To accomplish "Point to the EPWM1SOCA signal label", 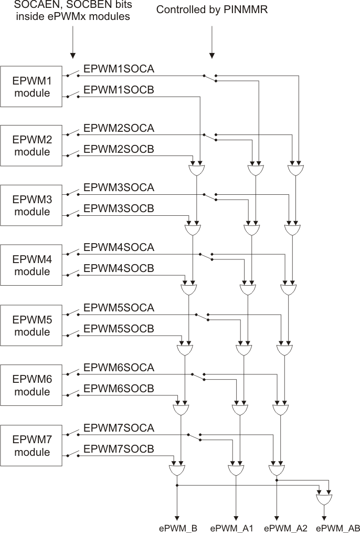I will coord(119,68).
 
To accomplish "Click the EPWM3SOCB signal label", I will coord(119,208).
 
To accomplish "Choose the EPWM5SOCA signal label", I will coord(119,308).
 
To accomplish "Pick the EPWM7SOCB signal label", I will coord(119,449).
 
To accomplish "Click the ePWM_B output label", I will coord(178,527).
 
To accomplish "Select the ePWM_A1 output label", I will coord(231,527).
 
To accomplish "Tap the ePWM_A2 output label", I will coord(285,527).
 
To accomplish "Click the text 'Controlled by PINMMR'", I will coord(212,9).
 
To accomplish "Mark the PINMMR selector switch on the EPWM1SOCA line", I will coord(209,77).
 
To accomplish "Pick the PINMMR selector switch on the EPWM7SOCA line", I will coord(194,436).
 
